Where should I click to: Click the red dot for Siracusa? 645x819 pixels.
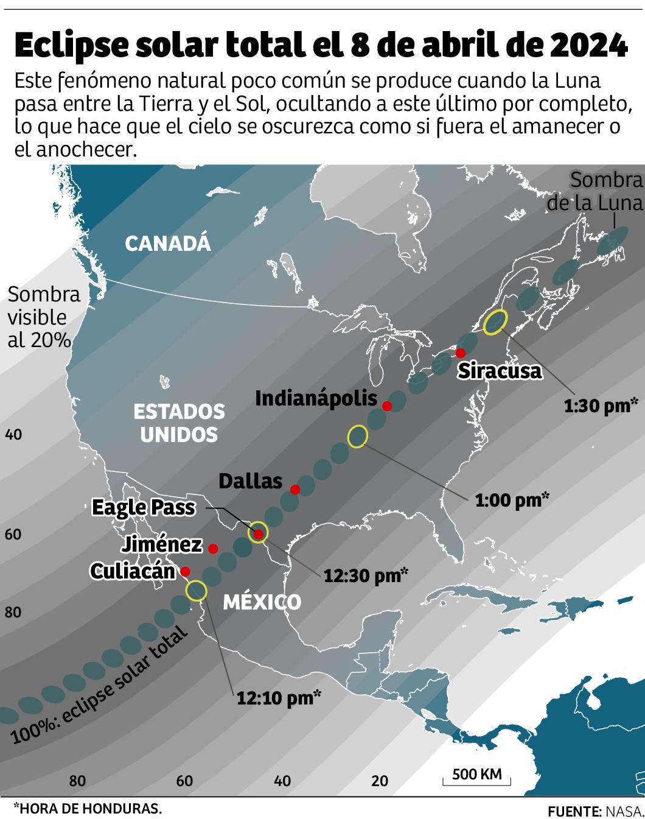460,353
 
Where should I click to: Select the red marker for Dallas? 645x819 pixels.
295,490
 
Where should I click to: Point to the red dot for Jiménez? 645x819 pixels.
213,549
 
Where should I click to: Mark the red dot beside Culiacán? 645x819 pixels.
185,572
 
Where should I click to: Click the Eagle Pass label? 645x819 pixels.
143,508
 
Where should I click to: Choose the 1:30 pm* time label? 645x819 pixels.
601,406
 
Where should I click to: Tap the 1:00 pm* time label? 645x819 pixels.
512,501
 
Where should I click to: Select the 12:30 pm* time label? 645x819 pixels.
365,575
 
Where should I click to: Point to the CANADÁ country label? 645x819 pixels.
167,244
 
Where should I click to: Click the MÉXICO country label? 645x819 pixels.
262,602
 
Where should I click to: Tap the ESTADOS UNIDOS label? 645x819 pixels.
179,423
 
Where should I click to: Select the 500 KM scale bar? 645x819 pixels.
477,776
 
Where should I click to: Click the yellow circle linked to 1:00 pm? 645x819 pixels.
358,437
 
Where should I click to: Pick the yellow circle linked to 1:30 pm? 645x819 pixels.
495,322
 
